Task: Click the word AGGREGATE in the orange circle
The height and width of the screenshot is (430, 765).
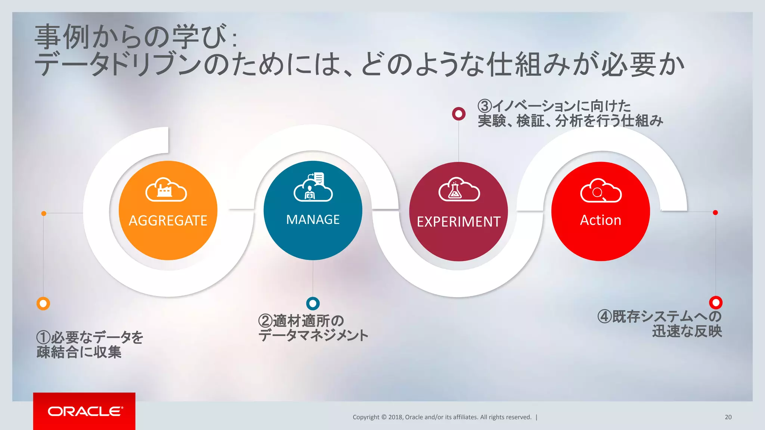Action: click(x=168, y=221)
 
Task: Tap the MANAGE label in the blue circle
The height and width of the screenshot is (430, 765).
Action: click(x=313, y=219)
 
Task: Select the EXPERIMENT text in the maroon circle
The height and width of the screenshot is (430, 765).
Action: click(x=458, y=222)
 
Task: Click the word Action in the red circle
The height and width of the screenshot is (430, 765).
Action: click(x=600, y=220)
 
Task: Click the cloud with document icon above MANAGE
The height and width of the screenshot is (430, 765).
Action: click(x=313, y=187)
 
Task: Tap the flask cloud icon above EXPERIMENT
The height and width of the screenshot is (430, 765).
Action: click(x=459, y=190)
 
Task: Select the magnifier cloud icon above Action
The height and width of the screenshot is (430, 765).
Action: click(x=601, y=191)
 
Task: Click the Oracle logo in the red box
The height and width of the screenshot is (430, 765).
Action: click(x=85, y=411)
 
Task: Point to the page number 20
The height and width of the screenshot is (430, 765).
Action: click(x=728, y=417)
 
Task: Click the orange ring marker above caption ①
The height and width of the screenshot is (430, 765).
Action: click(x=43, y=303)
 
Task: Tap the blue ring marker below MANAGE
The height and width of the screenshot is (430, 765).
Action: click(x=313, y=303)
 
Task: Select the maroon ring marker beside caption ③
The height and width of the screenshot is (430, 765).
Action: click(x=459, y=113)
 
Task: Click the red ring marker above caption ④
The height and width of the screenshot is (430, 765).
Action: click(x=716, y=302)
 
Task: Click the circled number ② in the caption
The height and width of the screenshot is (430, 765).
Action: click(x=265, y=321)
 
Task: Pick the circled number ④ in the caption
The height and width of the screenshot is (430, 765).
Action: click(x=604, y=317)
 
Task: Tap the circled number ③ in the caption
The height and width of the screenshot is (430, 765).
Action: click(x=484, y=106)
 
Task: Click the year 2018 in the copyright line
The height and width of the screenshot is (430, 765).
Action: click(x=395, y=417)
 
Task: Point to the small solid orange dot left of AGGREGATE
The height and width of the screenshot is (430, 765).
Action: click(x=44, y=213)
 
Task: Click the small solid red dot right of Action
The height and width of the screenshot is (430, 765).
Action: click(x=715, y=212)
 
